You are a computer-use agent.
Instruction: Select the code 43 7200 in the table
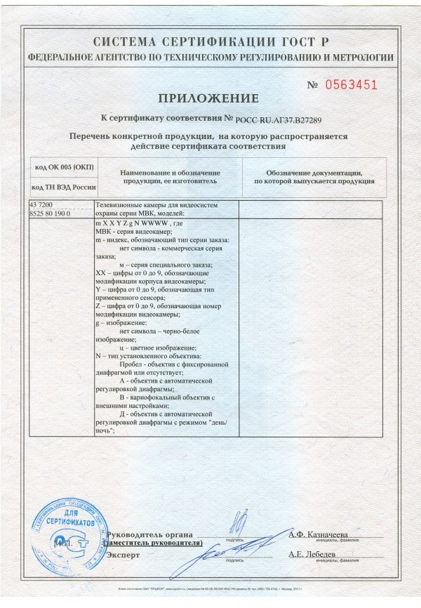pyautogui.click(x=41, y=204)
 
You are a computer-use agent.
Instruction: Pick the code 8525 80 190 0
pyautogui.click(x=49, y=212)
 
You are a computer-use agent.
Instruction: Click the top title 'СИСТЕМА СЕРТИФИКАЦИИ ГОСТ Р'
pyautogui.click(x=210, y=41)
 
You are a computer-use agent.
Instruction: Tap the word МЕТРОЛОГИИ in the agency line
pyautogui.click(x=356, y=58)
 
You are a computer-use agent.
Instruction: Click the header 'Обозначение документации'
pyautogui.click(x=313, y=173)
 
